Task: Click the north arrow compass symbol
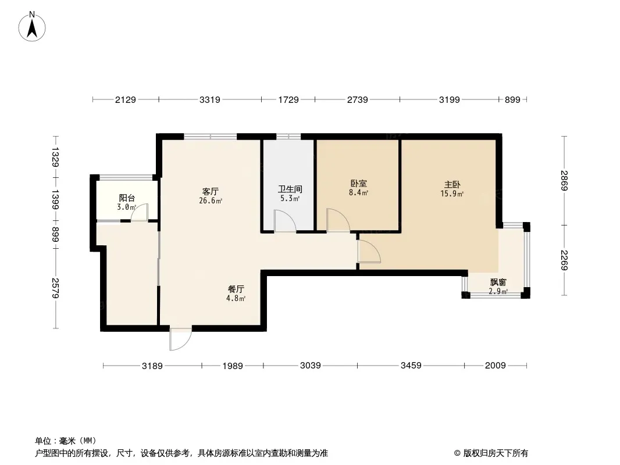(x=32, y=26)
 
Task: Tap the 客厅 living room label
(x=210, y=191)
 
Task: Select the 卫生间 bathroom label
(x=289, y=189)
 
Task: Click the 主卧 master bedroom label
(x=451, y=185)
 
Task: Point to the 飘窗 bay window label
(x=498, y=282)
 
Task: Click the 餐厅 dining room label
(x=236, y=289)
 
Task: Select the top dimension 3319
(x=209, y=100)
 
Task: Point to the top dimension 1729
(x=288, y=100)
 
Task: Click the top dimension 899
(x=512, y=100)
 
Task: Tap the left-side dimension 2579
(x=55, y=288)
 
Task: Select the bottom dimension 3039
(x=310, y=366)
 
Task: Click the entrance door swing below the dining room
(x=180, y=339)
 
